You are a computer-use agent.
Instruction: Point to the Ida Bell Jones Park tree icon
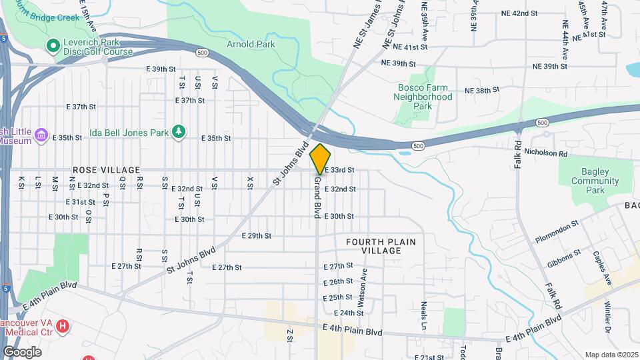pyautogui.click(x=178, y=132)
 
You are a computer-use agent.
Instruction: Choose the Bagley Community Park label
pyautogui.click(x=595, y=181)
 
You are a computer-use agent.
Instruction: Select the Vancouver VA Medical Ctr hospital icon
pyautogui.click(x=63, y=326)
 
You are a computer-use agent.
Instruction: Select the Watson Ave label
pyautogui.click(x=363, y=287)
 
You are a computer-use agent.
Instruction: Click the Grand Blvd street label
pyautogui.click(x=318, y=197)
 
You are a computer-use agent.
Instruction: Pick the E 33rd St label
pyautogui.click(x=339, y=170)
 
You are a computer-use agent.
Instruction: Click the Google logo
pyautogui.click(x=22, y=351)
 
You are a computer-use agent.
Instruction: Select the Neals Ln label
pyautogui.click(x=424, y=315)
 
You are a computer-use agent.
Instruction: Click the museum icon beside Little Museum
pyautogui.click(x=41, y=136)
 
